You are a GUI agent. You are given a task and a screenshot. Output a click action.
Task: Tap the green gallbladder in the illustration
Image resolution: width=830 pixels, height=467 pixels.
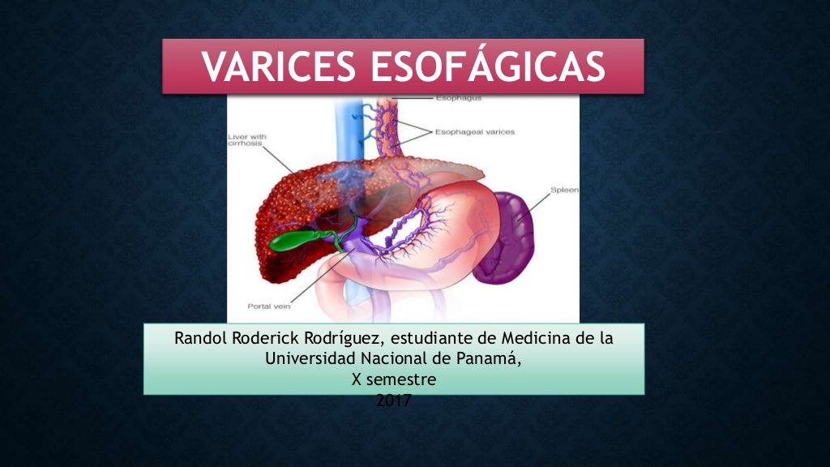(295, 239)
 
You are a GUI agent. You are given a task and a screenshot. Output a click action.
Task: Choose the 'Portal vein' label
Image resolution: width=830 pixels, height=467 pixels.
(268, 307)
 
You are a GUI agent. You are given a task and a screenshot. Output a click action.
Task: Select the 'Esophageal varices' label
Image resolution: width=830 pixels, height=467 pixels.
(474, 131)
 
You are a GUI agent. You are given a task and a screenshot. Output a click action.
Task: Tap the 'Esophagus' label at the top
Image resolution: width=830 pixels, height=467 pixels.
(458, 98)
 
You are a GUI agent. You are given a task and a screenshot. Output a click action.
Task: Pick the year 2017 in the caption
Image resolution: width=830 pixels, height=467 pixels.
(394, 400)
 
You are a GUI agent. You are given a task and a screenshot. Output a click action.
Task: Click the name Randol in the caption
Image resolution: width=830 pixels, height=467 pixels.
(201, 338)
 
